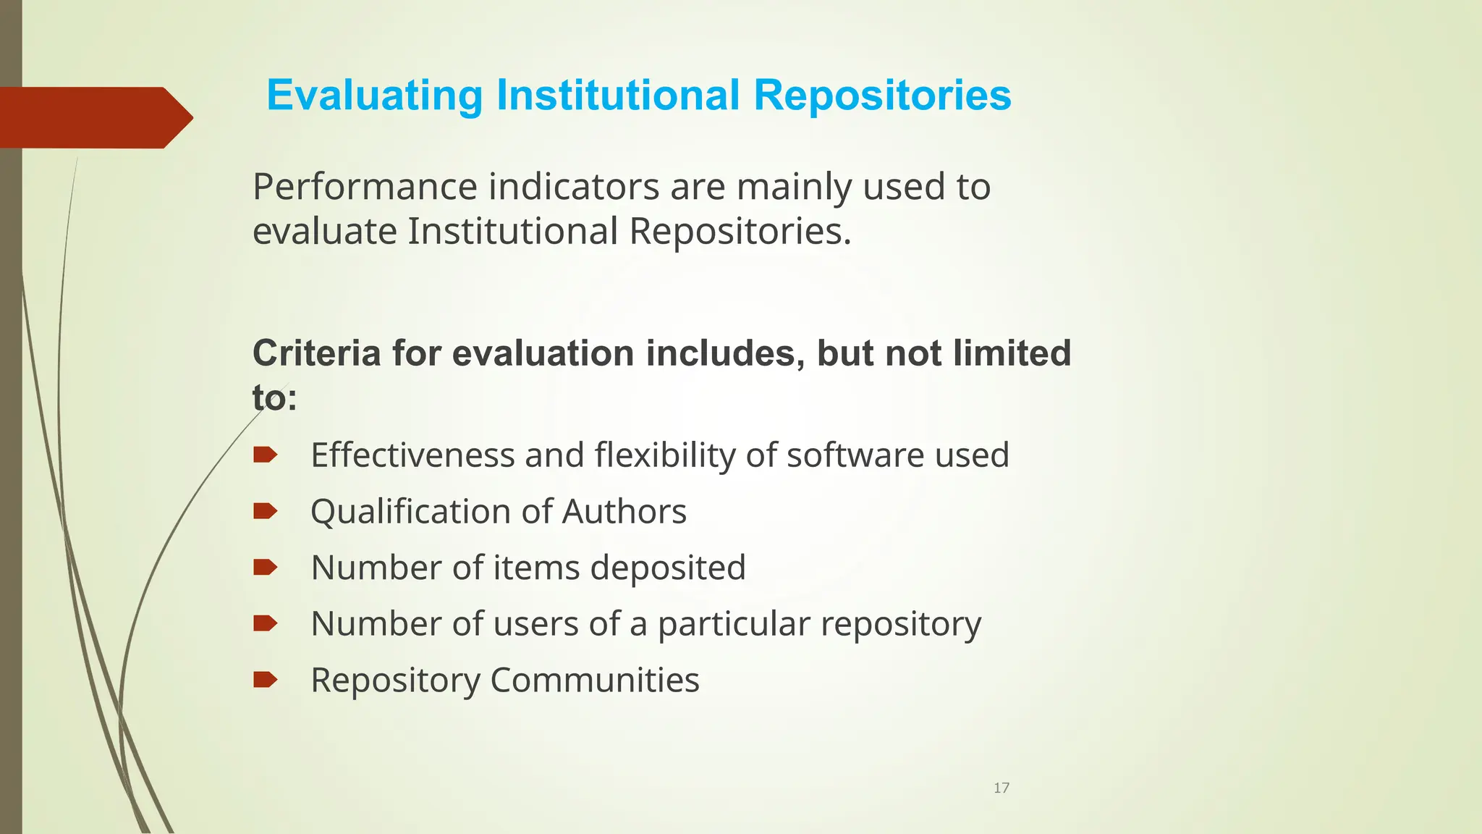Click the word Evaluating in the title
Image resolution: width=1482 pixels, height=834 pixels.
374,96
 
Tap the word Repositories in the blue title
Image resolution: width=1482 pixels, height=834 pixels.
882,96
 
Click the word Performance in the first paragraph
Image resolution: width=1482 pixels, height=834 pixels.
364,187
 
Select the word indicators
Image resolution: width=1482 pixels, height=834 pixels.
574,187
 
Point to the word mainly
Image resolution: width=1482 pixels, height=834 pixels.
795,188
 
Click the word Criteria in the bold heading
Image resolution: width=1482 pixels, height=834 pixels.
316,353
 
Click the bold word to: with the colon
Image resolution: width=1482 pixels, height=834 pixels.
274,398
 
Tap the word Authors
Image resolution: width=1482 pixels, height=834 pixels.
624,512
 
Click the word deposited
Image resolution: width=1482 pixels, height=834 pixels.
668,568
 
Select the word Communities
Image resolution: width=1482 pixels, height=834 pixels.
595,681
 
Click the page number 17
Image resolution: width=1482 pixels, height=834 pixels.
1002,788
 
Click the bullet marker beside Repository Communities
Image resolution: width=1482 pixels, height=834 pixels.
265,680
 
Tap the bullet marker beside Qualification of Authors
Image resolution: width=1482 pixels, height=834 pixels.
265,512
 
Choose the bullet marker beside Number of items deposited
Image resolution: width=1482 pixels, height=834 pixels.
265,568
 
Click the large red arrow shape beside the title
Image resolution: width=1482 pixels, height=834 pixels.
94,117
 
